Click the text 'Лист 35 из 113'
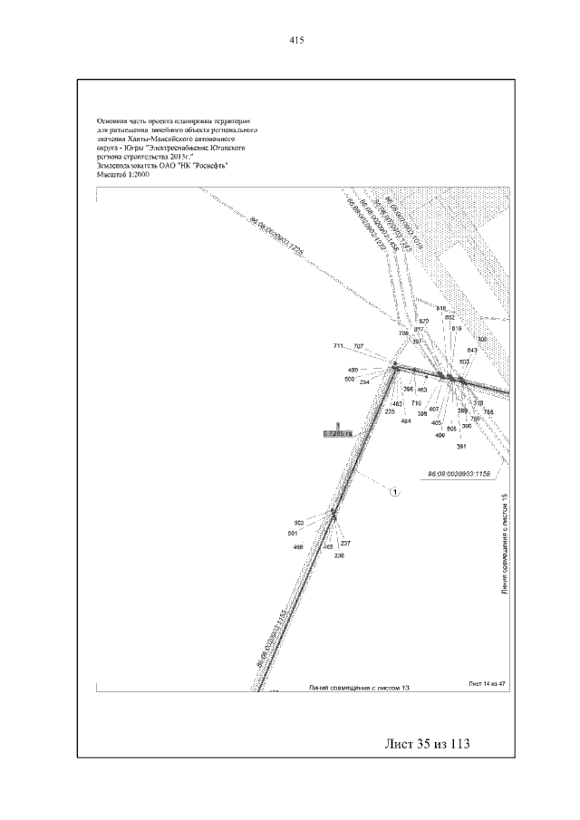429,744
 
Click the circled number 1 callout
395,492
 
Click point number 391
460,447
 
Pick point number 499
353,371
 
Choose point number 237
345,543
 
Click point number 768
488,411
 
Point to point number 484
406,421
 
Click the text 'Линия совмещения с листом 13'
360,689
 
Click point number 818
441,308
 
